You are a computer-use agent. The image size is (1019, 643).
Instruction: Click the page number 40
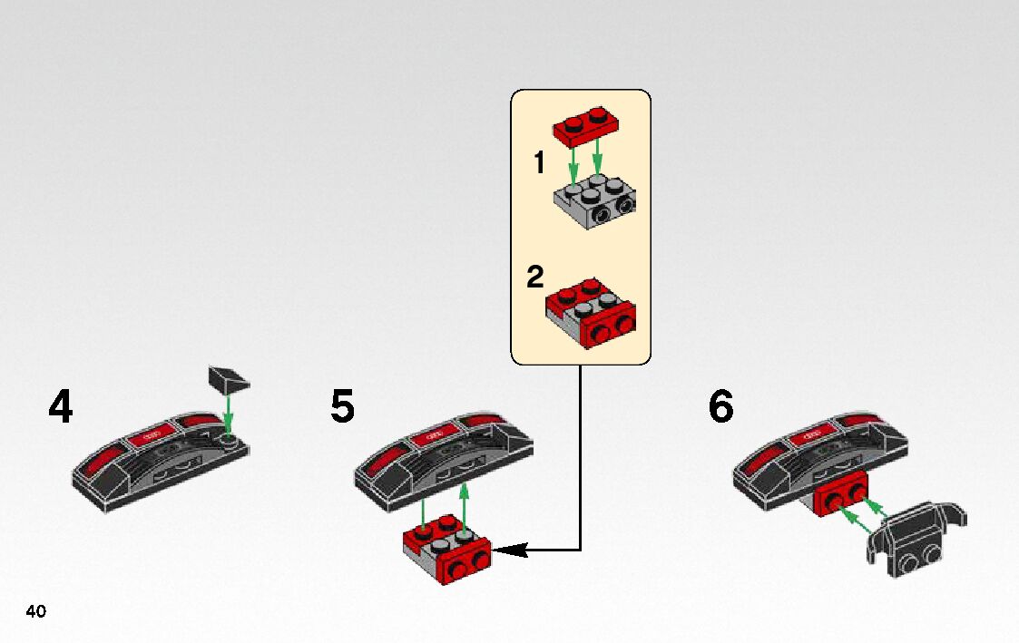pyautogui.click(x=36, y=611)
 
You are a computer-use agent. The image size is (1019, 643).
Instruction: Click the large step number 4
pyautogui.click(x=61, y=406)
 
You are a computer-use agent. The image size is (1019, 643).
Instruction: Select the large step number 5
pyautogui.click(x=342, y=406)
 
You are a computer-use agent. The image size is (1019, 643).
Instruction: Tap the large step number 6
pyautogui.click(x=720, y=406)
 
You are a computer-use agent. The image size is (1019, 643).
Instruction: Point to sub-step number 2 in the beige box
pyautogui.click(x=534, y=277)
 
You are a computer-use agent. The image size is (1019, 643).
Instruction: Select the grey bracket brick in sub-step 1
pyautogui.click(x=594, y=202)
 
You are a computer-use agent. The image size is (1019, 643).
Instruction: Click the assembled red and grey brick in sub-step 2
pyautogui.click(x=591, y=313)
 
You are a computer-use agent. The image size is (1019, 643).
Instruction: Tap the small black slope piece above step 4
pyautogui.click(x=229, y=379)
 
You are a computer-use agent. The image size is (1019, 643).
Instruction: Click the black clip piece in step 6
pyautogui.click(x=917, y=539)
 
